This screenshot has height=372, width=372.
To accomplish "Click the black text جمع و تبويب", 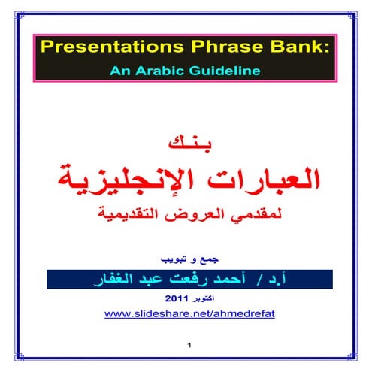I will pos(186,257).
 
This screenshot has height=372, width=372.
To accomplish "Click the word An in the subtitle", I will pos(122,71).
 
